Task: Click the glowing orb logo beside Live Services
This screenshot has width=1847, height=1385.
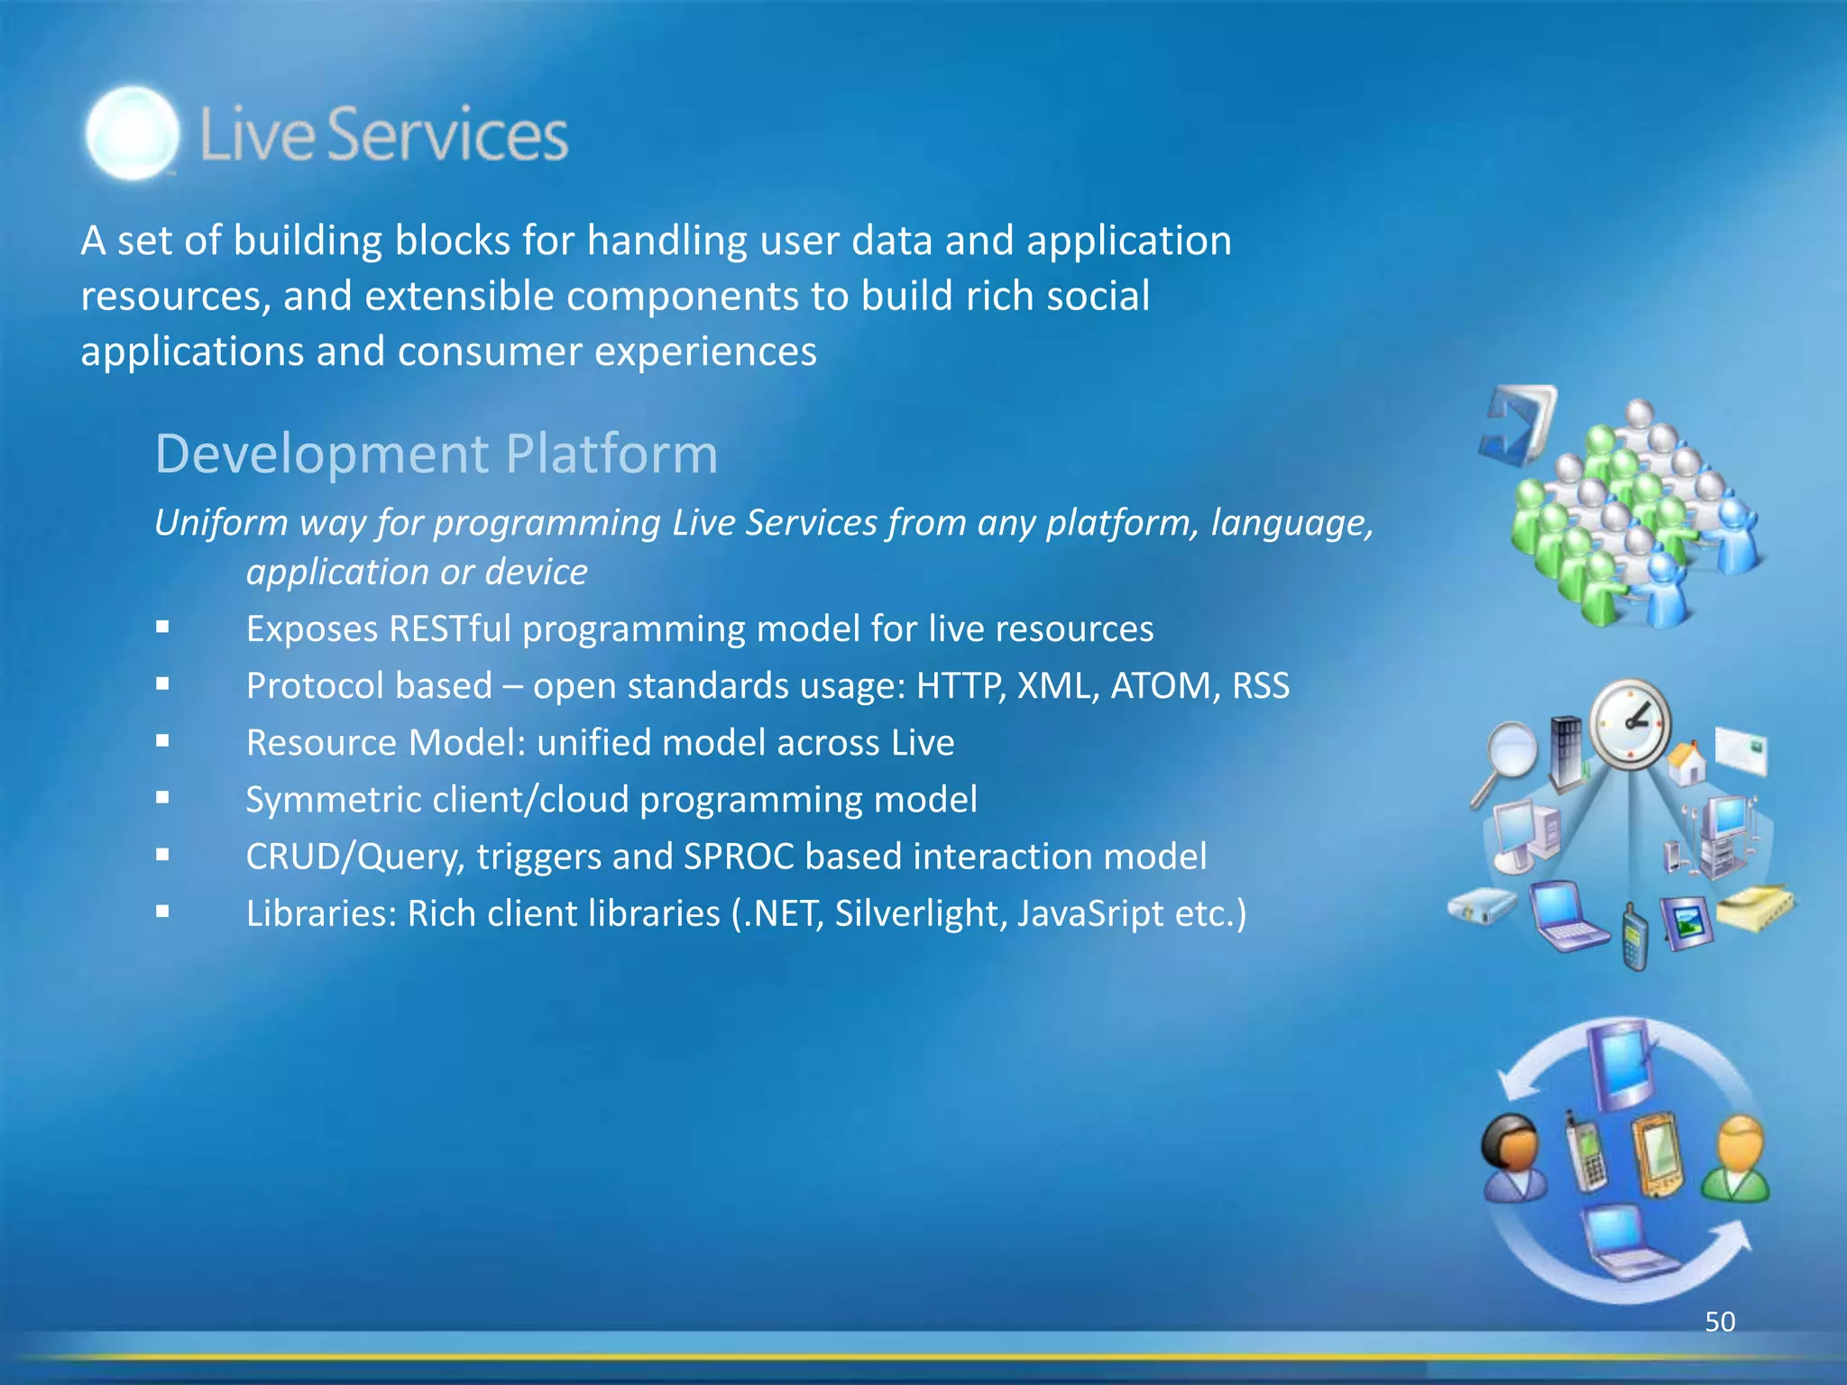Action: point(132,133)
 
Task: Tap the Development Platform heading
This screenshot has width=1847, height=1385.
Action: point(436,453)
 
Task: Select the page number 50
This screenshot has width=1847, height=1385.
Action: point(1719,1322)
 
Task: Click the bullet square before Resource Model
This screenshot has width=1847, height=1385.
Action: point(162,741)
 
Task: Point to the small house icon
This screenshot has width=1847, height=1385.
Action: point(1686,763)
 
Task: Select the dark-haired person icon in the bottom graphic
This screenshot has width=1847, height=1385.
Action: point(1512,1157)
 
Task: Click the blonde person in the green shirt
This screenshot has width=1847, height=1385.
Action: point(1737,1159)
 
